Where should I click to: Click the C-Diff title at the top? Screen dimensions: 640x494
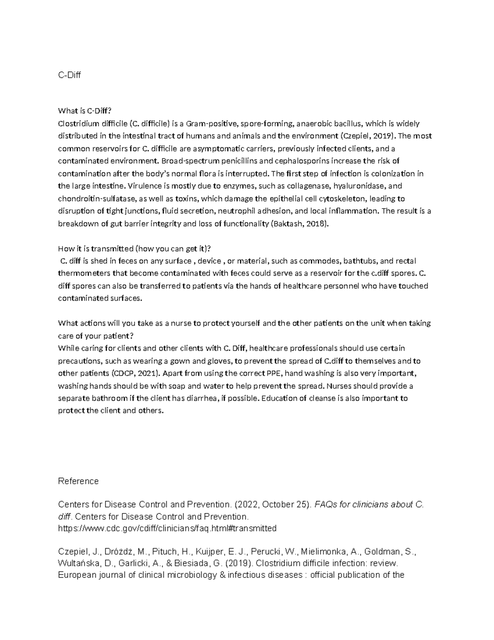pyautogui.click(x=70, y=75)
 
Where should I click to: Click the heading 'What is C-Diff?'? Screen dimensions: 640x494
pyautogui.click(x=85, y=110)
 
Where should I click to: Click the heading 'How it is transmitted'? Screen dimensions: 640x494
pyautogui.click(x=134, y=248)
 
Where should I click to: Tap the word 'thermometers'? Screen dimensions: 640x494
pyautogui.click(x=81, y=274)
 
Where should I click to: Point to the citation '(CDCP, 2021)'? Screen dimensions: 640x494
pyautogui.click(x=135, y=374)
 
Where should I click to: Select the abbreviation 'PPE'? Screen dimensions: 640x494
pyautogui.click(x=273, y=374)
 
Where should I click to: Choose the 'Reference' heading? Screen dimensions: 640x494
pyautogui.click(x=78, y=481)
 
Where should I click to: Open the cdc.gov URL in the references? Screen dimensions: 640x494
pyautogui.click(x=167, y=528)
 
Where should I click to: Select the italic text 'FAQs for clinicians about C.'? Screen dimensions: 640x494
pyautogui.click(x=369, y=504)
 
